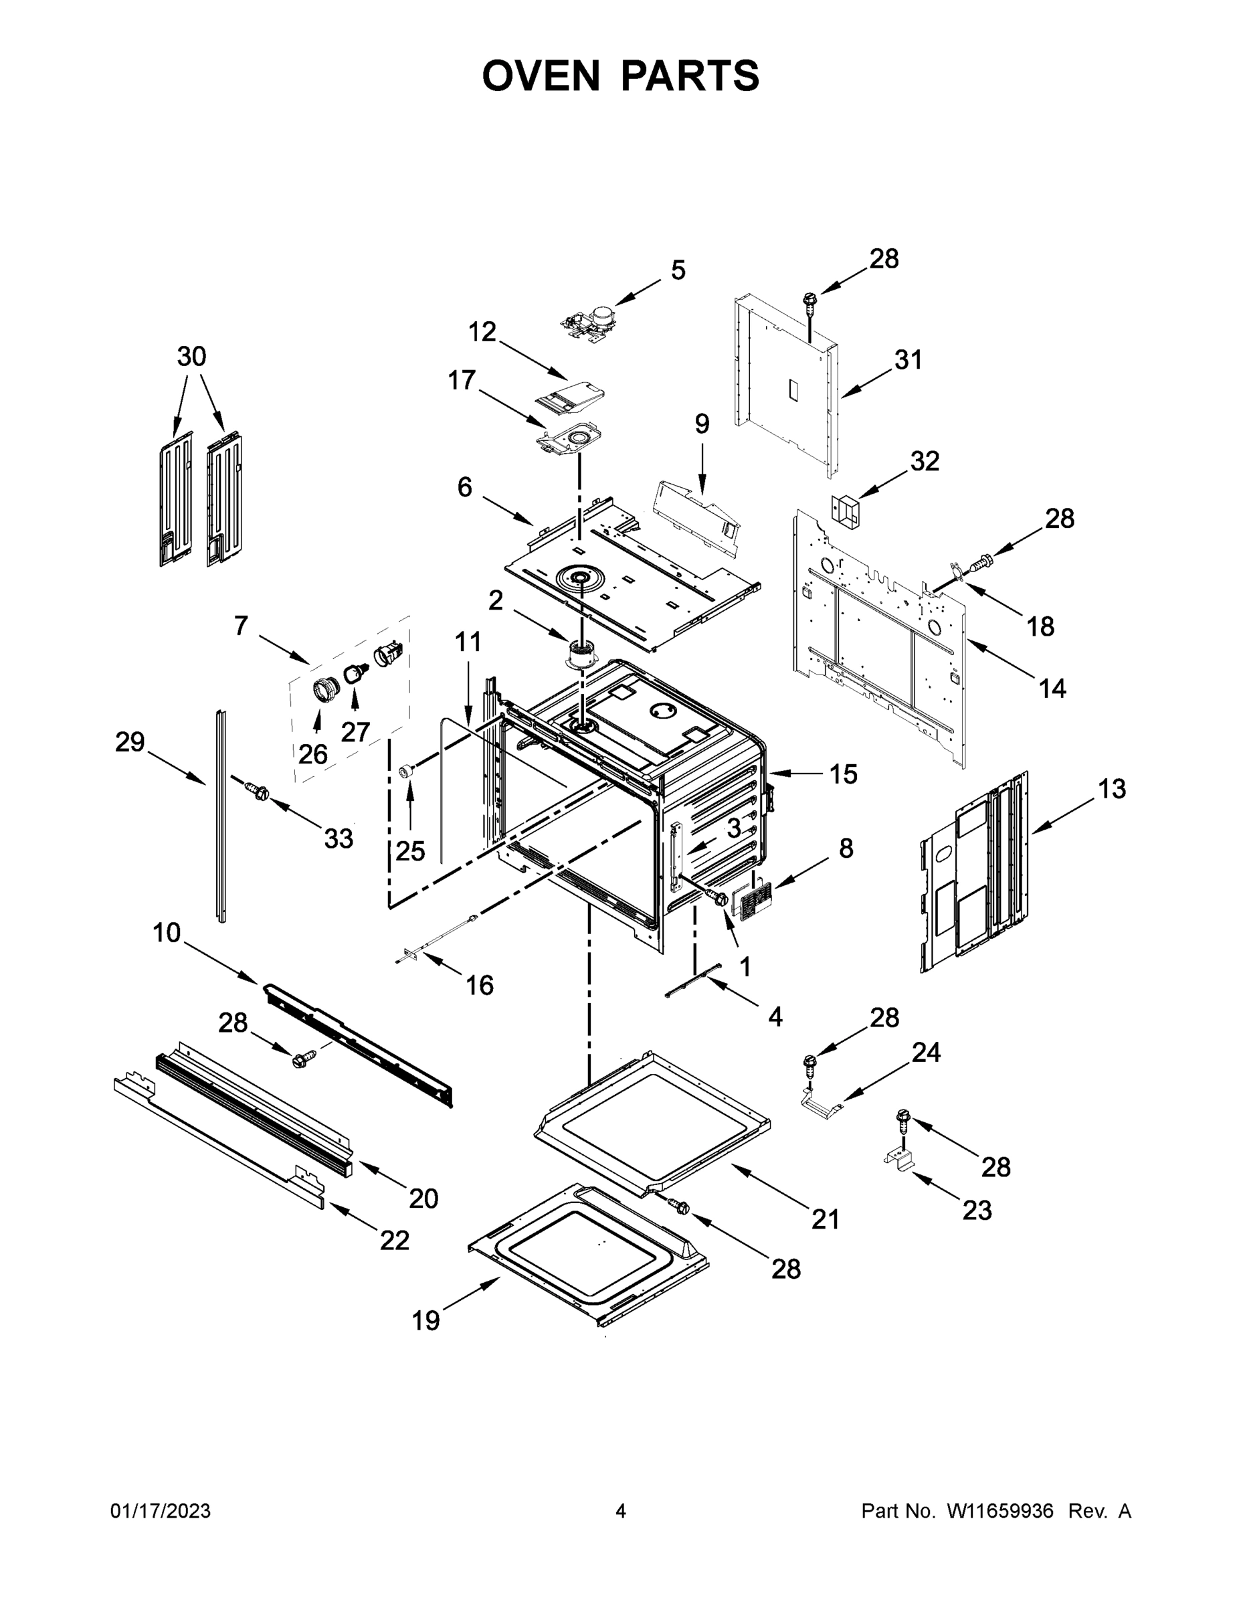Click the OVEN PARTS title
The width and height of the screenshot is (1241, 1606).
621,76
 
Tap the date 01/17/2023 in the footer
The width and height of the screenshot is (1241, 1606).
161,1511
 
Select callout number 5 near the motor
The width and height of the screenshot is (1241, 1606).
678,270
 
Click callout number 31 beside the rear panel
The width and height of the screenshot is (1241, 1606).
908,360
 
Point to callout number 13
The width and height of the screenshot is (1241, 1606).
1112,789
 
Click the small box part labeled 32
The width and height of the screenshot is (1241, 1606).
846,511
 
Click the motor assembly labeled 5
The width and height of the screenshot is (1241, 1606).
593,322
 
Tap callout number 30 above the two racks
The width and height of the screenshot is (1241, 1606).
192,357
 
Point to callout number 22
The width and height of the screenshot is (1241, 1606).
394,1241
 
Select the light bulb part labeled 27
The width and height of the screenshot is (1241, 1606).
356,671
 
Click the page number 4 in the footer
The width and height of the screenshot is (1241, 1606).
621,1511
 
